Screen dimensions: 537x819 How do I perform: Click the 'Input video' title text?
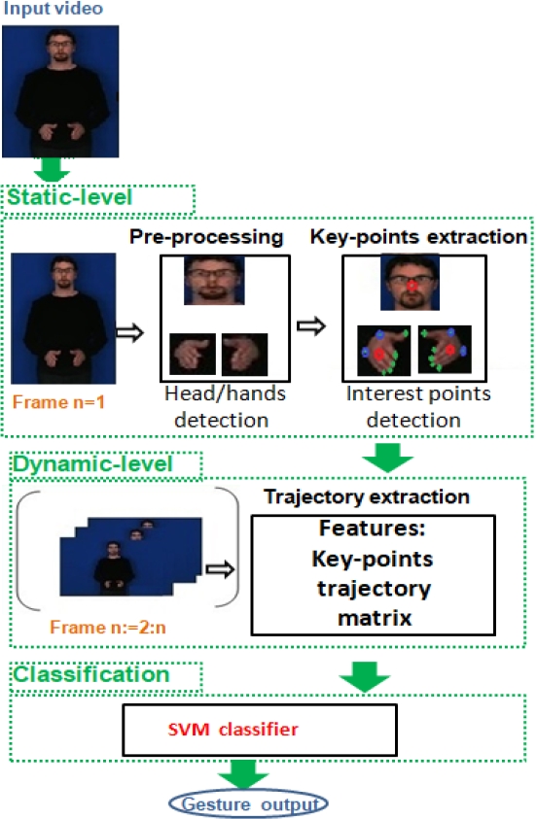pyautogui.click(x=53, y=9)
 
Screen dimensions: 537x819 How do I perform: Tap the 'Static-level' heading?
pyautogui.click(x=69, y=197)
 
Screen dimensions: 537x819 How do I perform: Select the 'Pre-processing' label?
pyautogui.click(x=206, y=237)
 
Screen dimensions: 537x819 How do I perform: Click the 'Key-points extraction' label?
pyautogui.click(x=418, y=237)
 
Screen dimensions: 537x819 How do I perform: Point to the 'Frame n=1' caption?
pyautogui.click(x=58, y=401)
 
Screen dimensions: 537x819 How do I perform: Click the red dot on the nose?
pyautogui.click(x=412, y=286)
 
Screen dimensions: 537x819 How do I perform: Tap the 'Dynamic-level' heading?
pyautogui.click(x=92, y=463)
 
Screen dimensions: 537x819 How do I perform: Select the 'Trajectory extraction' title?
pyautogui.click(x=367, y=496)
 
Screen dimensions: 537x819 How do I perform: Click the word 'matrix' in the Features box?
pyautogui.click(x=375, y=618)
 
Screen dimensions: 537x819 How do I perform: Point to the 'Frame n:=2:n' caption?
pyautogui.click(x=108, y=627)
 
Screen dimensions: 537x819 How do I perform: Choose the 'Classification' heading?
pyautogui.click(x=91, y=674)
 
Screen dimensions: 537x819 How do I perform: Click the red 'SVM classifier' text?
pyautogui.click(x=233, y=730)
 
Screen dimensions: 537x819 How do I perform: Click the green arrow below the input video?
pyautogui.click(x=51, y=169)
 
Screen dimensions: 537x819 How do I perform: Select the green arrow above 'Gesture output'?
pyautogui.click(x=243, y=774)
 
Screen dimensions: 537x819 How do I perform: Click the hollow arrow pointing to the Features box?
pyautogui.click(x=220, y=568)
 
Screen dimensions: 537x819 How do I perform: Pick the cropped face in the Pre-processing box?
pyautogui.click(x=214, y=281)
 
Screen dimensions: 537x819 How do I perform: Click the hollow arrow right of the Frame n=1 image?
pyautogui.click(x=129, y=332)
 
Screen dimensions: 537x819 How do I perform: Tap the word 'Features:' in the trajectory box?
pyautogui.click(x=373, y=529)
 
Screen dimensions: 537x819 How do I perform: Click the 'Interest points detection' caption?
pyautogui.click(x=417, y=407)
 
